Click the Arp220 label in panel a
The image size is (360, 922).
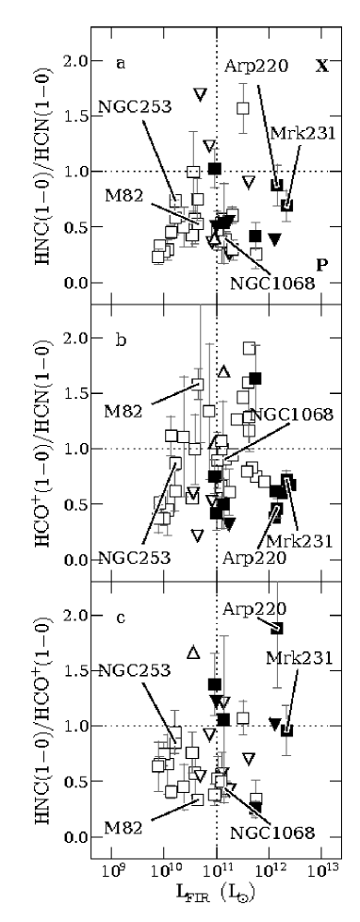[256, 65]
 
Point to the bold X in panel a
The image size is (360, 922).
[321, 66]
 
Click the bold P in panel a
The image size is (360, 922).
[321, 265]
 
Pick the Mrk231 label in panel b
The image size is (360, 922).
[301, 540]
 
